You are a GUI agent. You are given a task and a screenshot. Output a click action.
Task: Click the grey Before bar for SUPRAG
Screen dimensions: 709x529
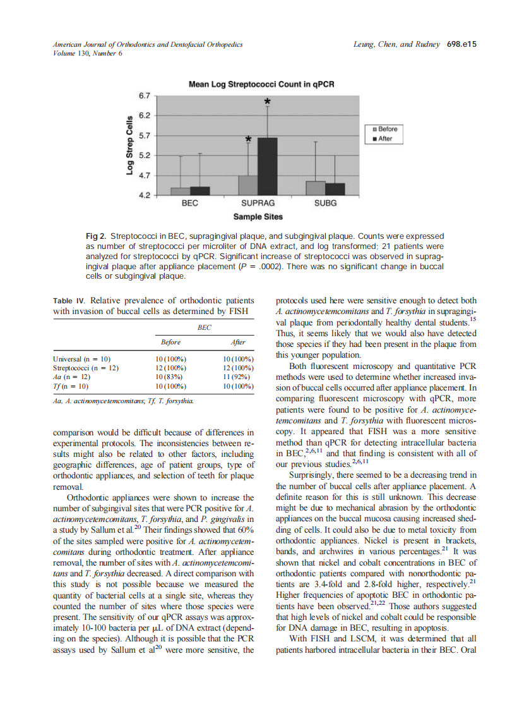248,185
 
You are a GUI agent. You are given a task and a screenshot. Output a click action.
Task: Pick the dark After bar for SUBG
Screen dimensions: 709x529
335,189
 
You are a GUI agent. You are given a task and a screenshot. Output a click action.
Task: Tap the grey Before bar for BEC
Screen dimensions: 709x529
180,191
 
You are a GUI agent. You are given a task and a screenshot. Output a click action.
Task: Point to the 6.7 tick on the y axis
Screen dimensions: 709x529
144,95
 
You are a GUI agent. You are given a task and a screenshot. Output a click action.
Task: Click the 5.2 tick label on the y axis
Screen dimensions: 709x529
144,155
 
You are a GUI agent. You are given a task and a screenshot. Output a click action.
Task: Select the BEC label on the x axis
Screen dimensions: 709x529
189,203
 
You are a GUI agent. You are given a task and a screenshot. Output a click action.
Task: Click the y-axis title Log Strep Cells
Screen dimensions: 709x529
129,145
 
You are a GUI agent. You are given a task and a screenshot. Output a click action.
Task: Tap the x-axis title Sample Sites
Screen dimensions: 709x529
258,217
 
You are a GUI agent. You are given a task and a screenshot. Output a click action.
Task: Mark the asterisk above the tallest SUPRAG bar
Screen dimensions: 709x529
268,102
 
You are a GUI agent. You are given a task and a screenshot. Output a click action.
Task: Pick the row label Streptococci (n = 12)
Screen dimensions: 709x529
85,367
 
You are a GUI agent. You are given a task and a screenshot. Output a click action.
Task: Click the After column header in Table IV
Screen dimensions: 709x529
239,342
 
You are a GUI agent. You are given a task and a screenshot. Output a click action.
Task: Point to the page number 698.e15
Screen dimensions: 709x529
461,44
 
